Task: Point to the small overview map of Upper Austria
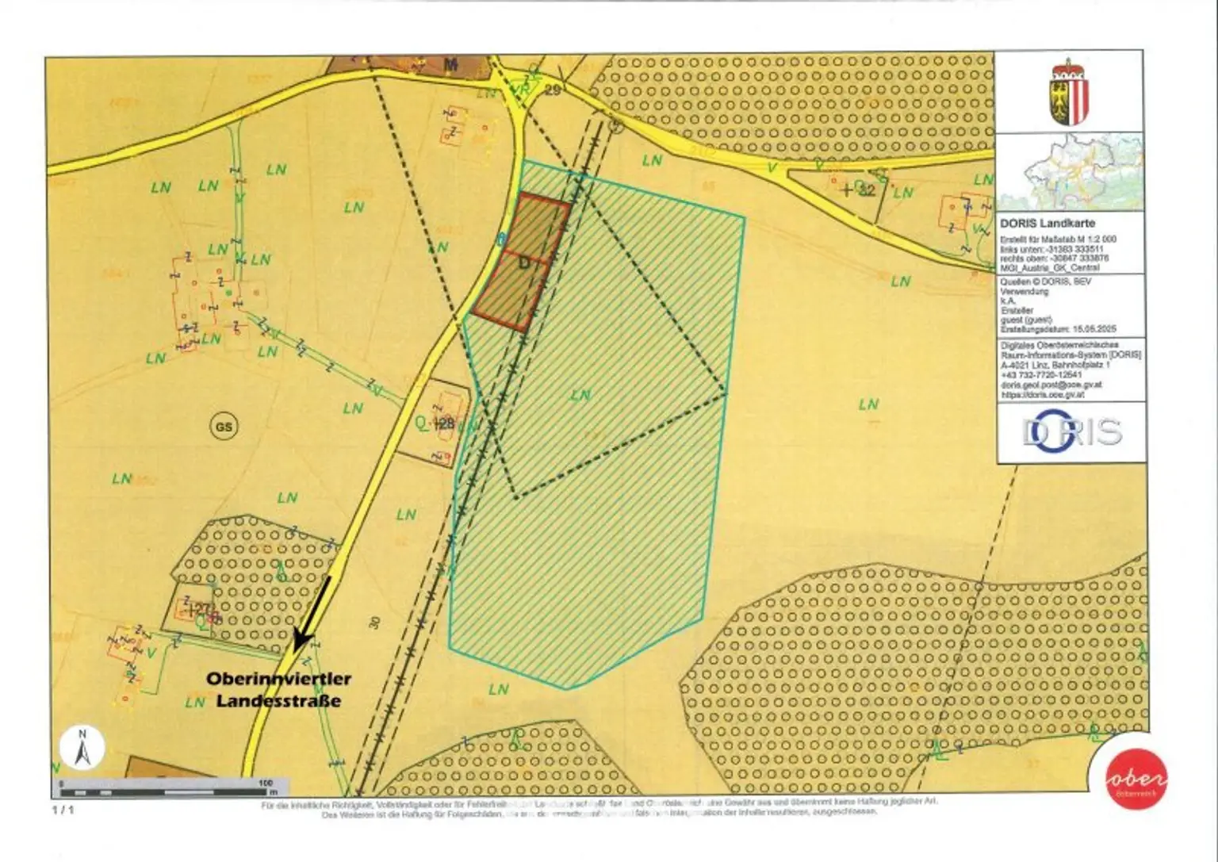[1070, 171]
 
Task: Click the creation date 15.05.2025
[1095, 328]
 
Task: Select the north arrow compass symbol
[82, 748]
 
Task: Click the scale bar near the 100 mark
[265, 787]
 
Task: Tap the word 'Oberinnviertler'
[278, 680]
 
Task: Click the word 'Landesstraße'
[278, 701]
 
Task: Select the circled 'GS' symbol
[224, 427]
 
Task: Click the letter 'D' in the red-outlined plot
[523, 263]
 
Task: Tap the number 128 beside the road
[445, 424]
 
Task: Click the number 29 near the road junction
[553, 90]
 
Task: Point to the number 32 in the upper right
[866, 190]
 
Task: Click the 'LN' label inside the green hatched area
[580, 394]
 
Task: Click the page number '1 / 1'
[63, 810]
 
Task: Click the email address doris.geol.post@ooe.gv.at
[1051, 385]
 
